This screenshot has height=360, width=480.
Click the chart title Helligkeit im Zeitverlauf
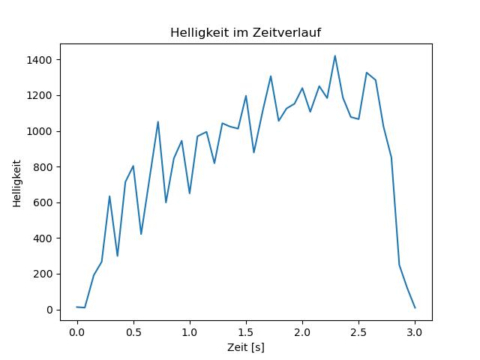pyautogui.click(x=246, y=33)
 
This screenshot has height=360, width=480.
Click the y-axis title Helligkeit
pyautogui.click(x=17, y=182)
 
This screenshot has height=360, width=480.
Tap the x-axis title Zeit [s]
pyautogui.click(x=246, y=347)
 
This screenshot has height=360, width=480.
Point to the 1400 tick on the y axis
pyautogui.click(x=40, y=60)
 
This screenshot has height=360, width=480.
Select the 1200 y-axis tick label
pyautogui.click(x=40, y=95)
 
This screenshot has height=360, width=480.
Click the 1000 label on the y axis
pyautogui.click(x=40, y=131)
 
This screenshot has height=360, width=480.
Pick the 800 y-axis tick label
pyautogui.click(x=43, y=167)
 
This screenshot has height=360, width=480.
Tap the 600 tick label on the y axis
pyautogui.click(x=43, y=202)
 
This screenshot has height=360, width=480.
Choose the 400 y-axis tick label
pyautogui.click(x=43, y=238)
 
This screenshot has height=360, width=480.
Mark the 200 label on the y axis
pyautogui.click(x=43, y=274)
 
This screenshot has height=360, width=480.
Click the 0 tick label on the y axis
pyautogui.click(x=49, y=310)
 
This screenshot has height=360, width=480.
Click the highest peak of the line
pyautogui.click(x=334, y=55)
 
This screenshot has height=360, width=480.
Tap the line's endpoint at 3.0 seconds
pyautogui.click(x=415, y=307)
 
